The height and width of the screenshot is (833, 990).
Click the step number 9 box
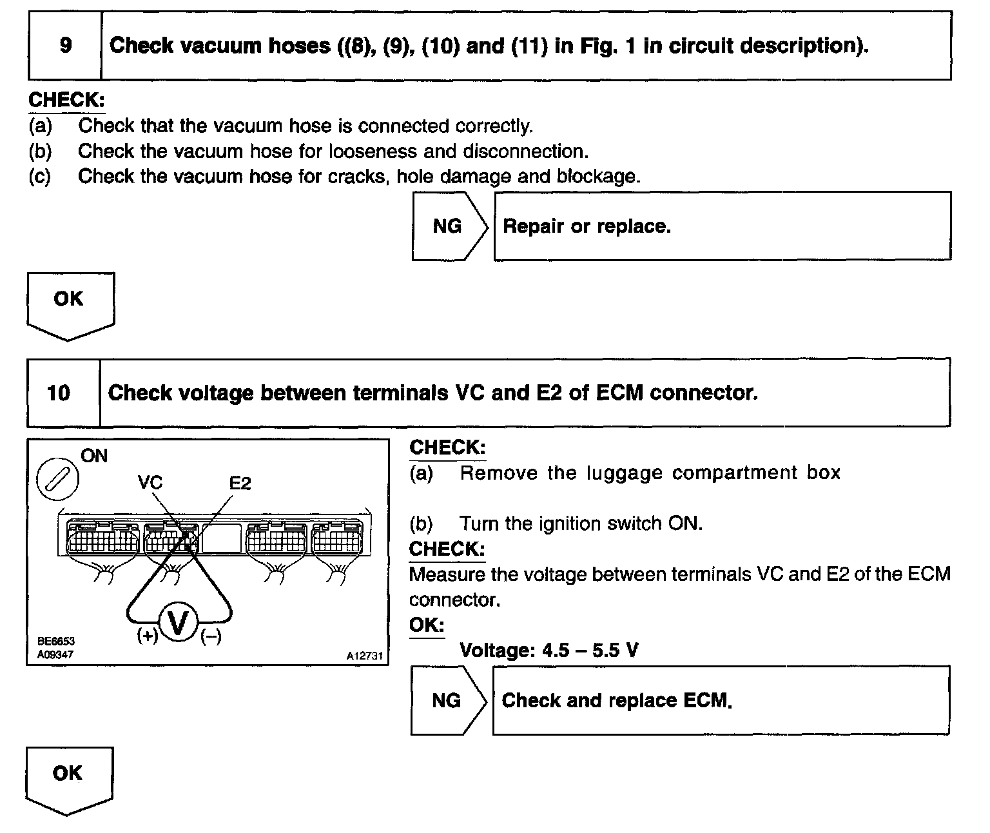pyautogui.click(x=65, y=46)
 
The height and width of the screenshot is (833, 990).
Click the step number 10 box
pyautogui.click(x=59, y=393)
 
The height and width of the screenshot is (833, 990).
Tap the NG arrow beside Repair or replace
pyautogui.click(x=449, y=226)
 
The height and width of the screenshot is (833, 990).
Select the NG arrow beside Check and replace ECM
pyautogui.click(x=447, y=701)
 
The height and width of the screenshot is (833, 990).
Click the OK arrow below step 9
pyautogui.click(x=70, y=303)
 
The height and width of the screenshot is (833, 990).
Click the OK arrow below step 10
pyautogui.click(x=68, y=778)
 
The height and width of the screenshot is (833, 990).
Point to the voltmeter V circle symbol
pyautogui.click(x=178, y=623)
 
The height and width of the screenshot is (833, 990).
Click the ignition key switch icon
pyautogui.click(x=58, y=480)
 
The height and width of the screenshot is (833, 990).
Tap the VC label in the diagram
pyautogui.click(x=150, y=482)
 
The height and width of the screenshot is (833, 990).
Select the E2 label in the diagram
pyautogui.click(x=240, y=482)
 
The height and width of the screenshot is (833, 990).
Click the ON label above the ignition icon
pyautogui.click(x=94, y=456)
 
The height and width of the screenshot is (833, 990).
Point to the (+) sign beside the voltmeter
pyautogui.click(x=148, y=636)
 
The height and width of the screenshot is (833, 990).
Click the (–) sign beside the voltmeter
pyautogui.click(x=211, y=636)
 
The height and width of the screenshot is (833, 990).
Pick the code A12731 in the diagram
pyautogui.click(x=365, y=656)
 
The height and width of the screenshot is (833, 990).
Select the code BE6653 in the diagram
pyautogui.click(x=55, y=642)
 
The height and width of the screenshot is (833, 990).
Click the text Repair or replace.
pyautogui.click(x=587, y=226)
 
